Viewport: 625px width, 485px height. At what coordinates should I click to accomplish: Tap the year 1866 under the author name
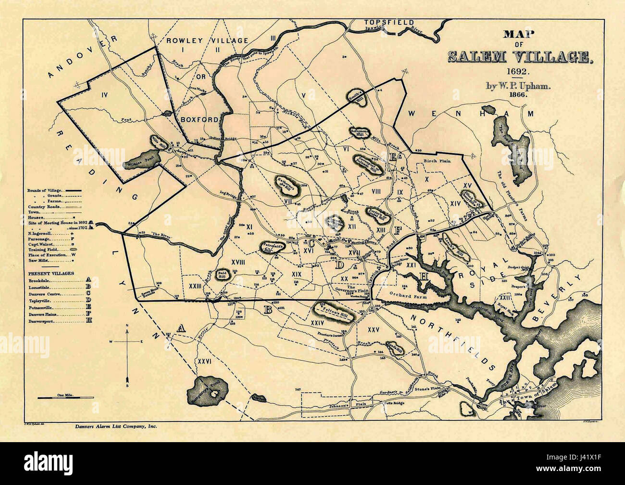tap(513, 95)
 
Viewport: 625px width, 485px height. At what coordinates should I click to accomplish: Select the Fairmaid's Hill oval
tap(273, 247)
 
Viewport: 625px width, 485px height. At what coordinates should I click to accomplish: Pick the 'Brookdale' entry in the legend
tap(39, 279)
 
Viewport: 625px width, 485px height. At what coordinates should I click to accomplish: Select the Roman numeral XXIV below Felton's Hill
tap(317, 323)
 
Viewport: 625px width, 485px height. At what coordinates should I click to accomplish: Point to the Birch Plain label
tap(437, 161)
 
